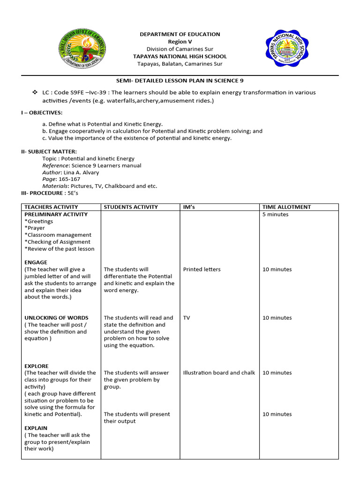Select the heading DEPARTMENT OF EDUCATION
pos(180,34)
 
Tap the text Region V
pos(180,42)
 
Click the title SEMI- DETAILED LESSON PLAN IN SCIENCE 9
pos(180,81)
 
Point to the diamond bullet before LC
pos(35,92)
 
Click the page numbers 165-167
pos(69,179)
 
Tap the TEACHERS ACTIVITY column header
pos(51,207)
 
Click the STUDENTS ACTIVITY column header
pos(131,207)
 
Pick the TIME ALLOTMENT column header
pos(286,207)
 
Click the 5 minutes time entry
pos(276,215)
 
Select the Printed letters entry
pos(202,270)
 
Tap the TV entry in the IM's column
pos(187,318)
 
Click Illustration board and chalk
pos(219,373)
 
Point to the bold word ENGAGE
pos(36,262)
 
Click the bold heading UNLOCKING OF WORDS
pos(56,318)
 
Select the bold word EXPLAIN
pos(36,428)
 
